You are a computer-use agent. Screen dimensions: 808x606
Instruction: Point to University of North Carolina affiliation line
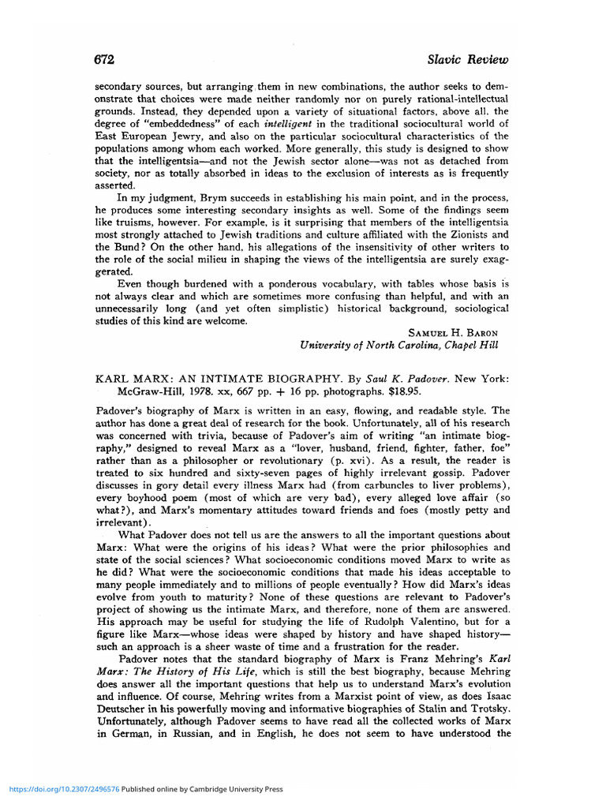(x=399, y=345)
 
